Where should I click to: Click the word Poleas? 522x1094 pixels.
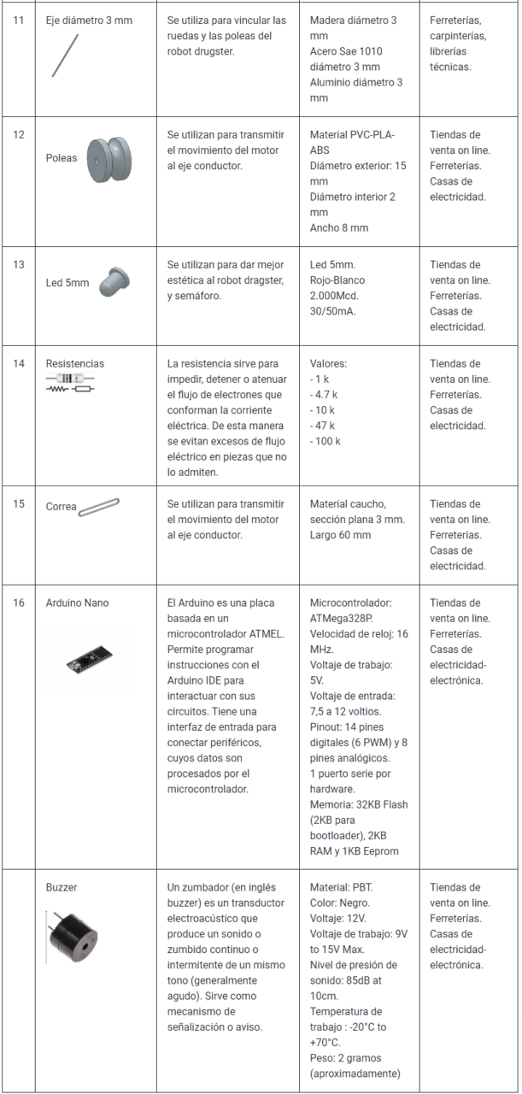[62, 158]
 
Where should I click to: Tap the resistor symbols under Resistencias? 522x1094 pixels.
[70, 383]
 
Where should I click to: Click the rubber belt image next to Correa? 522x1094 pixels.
[99, 506]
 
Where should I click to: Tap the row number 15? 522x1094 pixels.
[19, 504]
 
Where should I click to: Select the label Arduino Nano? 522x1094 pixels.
[77, 603]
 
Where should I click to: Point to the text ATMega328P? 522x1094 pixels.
[342, 619]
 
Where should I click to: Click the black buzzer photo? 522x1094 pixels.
[74, 940]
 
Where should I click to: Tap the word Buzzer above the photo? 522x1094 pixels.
[62, 888]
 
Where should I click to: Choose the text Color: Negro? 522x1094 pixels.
[340, 903]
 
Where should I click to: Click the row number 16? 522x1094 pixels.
[19, 603]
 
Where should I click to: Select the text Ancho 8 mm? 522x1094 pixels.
[339, 228]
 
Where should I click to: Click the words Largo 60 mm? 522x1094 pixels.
[340, 536]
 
